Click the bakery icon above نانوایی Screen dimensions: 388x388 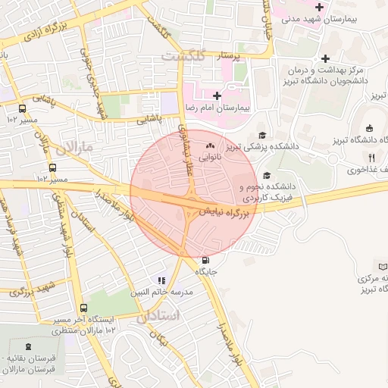[209, 145]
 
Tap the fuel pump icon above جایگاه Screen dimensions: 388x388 [207, 260]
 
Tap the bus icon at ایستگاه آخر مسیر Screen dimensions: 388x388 [83, 308]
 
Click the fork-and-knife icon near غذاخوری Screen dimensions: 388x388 [371, 158]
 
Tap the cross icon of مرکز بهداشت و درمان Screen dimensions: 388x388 [325, 59]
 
